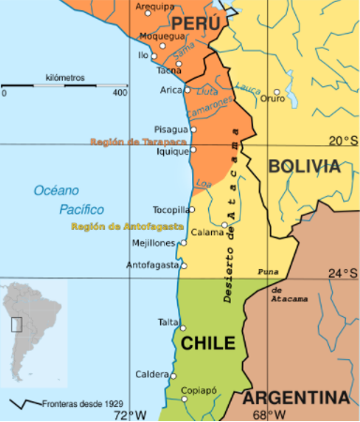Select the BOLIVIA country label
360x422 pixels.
tap(303, 166)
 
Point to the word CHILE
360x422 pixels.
tap(207, 343)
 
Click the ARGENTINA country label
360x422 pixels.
tap(296, 396)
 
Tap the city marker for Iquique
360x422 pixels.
tap(193, 149)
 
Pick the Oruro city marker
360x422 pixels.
tap(277, 91)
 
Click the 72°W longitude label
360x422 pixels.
tap(130, 414)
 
